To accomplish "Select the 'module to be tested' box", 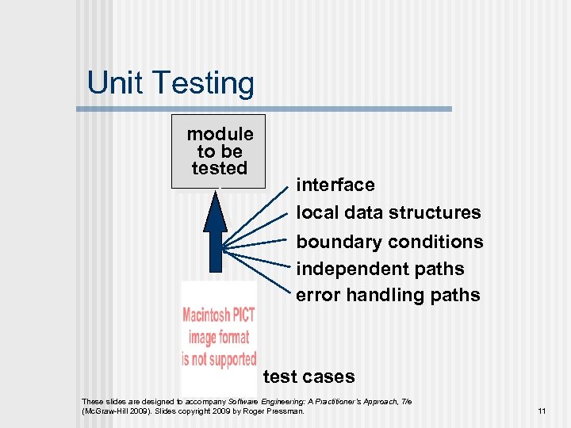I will [219, 151].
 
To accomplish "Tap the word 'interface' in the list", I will [335, 185].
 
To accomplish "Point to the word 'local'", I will [315, 212].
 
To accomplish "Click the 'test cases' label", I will [308, 376].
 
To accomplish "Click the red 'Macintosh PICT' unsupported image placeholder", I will [219, 336].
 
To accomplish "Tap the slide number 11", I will [542, 411].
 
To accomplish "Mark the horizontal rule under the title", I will [270, 109].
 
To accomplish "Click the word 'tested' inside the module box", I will [220, 168].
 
